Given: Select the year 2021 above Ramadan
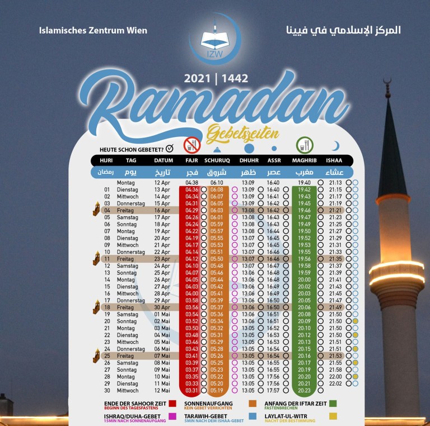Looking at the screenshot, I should tap(199, 79).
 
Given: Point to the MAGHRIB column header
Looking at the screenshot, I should tap(305, 160).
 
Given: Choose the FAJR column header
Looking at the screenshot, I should tap(192, 160).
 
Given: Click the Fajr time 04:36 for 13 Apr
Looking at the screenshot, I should tap(192, 190).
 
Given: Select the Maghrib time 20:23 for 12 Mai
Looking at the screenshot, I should tap(305, 391).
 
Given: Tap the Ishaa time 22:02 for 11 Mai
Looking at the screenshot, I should tap(336, 384).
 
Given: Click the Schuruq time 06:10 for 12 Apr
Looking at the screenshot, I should tap(217, 182).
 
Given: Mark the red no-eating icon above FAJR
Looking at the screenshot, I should tap(192, 144).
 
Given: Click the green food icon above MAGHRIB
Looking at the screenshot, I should tap(305, 144).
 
